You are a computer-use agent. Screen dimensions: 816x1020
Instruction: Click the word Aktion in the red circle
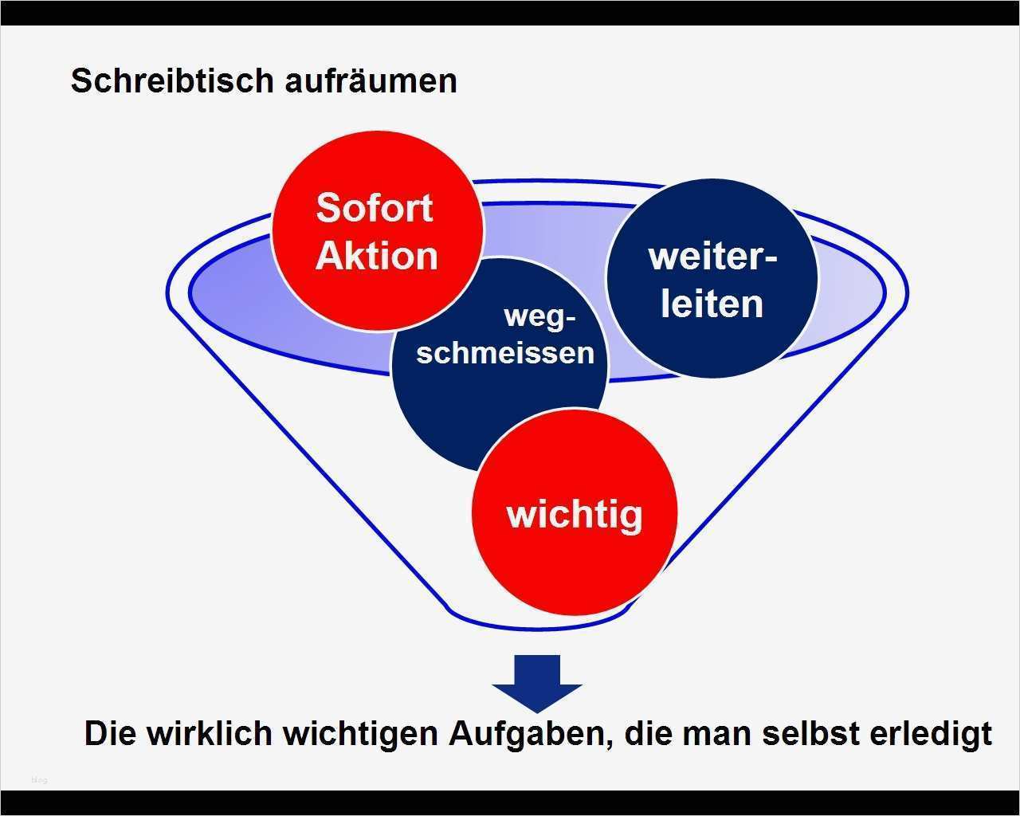[376, 256]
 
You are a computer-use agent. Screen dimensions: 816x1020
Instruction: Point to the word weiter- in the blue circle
[712, 257]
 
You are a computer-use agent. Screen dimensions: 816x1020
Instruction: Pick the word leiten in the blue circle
[712, 304]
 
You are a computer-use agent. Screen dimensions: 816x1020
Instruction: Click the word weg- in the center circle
[539, 316]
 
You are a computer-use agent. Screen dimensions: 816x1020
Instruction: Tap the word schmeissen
[505, 351]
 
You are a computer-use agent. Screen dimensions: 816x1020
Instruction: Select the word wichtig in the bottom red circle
[574, 514]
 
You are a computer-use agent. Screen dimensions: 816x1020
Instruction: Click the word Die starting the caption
[107, 733]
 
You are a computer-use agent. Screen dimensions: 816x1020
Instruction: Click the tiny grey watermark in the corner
[39, 779]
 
